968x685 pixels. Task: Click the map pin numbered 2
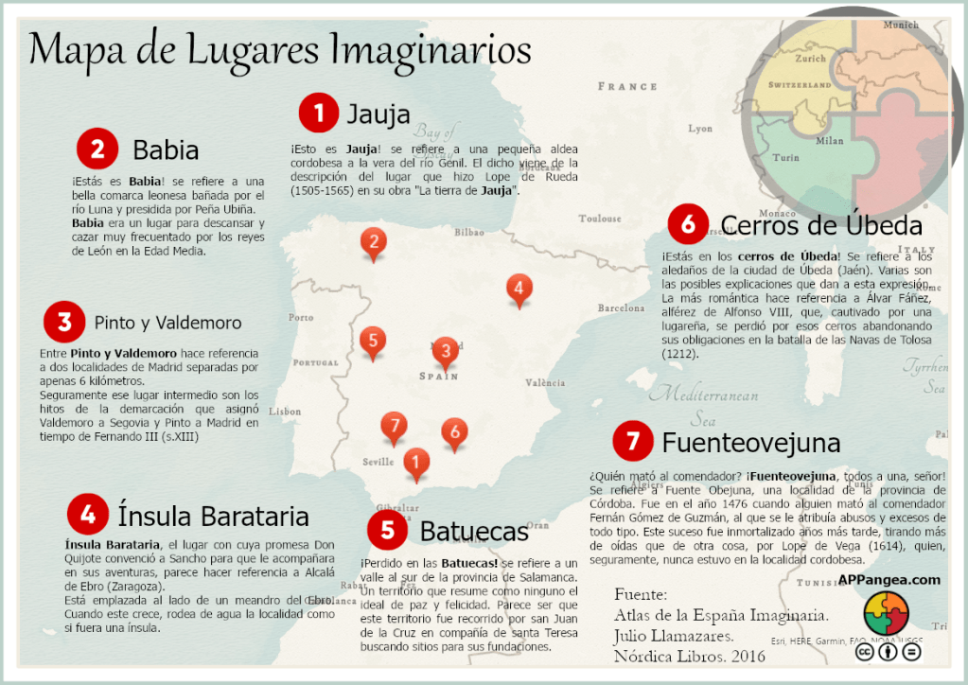374,243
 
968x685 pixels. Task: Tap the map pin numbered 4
518,288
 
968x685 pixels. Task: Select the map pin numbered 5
373,341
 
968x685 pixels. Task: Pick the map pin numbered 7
395,426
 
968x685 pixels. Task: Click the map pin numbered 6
454,432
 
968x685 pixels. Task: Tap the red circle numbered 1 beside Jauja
319,114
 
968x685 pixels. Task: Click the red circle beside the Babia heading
97,149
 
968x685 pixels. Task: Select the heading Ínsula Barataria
213,517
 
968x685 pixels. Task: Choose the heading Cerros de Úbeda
821,225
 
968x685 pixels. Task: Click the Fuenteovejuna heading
751,442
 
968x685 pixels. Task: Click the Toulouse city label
600,219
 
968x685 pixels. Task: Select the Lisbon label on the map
285,412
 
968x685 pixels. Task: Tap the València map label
545,383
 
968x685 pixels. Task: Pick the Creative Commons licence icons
888,651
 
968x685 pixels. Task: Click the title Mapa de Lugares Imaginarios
280,49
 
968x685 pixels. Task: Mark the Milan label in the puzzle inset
829,141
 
